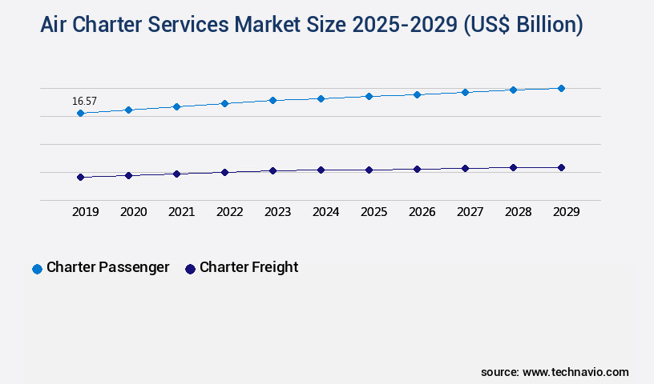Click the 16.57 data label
84,101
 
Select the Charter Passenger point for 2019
80,114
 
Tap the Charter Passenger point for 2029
561,88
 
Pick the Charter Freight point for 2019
80,177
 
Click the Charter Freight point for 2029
561,167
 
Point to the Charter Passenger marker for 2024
321,98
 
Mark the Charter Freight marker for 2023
272,170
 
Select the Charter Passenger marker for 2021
176,106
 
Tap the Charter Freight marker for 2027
465,168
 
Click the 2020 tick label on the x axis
133,212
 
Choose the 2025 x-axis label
373,212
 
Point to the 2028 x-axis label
518,212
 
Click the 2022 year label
229,212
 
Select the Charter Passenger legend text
107,267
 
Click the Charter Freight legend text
248,267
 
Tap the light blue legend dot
37,269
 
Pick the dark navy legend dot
190,269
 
